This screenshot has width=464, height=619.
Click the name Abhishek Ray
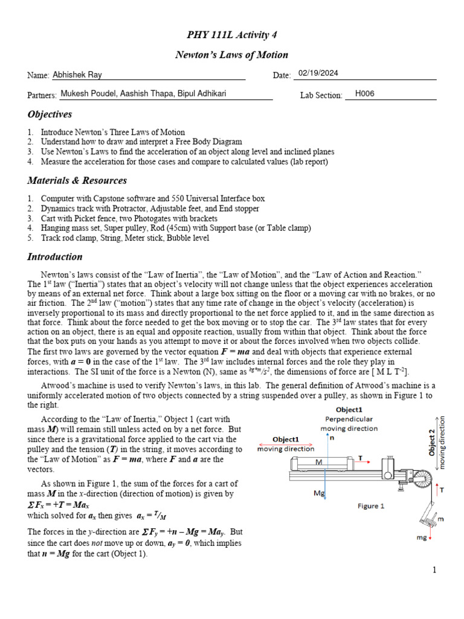tap(77, 75)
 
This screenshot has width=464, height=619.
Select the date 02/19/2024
tap(318, 73)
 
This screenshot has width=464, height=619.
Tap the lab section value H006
tap(366, 94)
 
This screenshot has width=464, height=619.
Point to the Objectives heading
tap(50, 114)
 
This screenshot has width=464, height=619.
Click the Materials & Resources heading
tap(77, 181)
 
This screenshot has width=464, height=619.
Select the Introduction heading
tap(54, 257)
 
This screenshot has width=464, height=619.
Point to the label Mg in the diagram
tap(320, 493)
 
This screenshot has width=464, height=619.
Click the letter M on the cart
tap(320, 462)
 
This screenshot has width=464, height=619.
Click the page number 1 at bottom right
tap(434, 569)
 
